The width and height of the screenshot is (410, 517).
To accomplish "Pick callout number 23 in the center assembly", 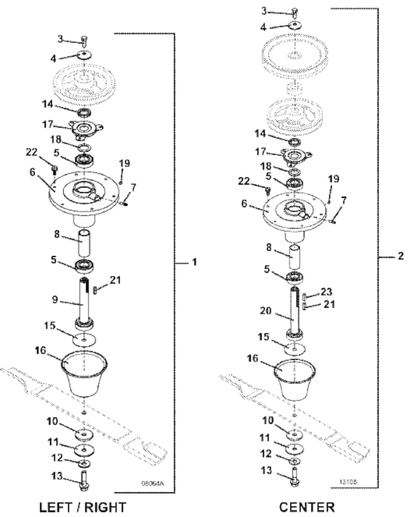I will click(327, 292).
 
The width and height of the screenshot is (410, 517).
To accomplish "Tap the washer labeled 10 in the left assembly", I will click(85, 432).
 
